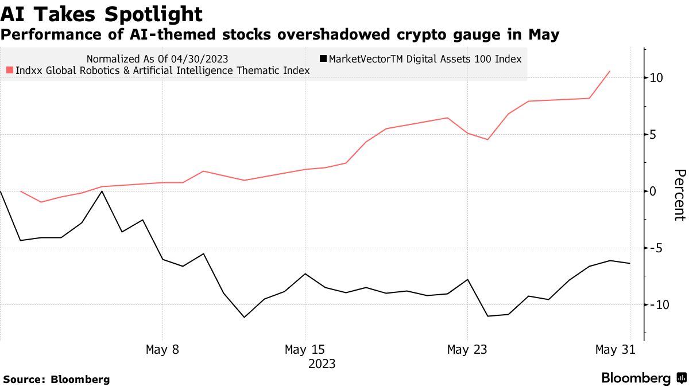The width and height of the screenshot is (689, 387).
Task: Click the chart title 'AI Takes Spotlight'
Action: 101,14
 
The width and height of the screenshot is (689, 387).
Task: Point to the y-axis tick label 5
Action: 653,135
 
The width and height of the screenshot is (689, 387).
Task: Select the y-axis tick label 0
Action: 653,191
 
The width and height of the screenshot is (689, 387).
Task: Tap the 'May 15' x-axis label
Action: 305,349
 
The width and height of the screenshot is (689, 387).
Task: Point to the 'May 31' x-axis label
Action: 615,349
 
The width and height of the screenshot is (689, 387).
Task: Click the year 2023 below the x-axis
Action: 322,364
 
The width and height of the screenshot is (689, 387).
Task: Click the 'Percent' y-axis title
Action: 679,195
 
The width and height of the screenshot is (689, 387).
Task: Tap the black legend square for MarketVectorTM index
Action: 323,58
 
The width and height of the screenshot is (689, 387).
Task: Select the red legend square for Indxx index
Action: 10,71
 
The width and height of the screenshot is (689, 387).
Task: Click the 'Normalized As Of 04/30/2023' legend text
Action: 158,58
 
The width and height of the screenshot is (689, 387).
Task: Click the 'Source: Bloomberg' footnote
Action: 56,379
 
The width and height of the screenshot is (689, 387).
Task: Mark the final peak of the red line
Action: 610,71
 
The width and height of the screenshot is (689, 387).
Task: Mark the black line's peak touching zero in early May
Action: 102,191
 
